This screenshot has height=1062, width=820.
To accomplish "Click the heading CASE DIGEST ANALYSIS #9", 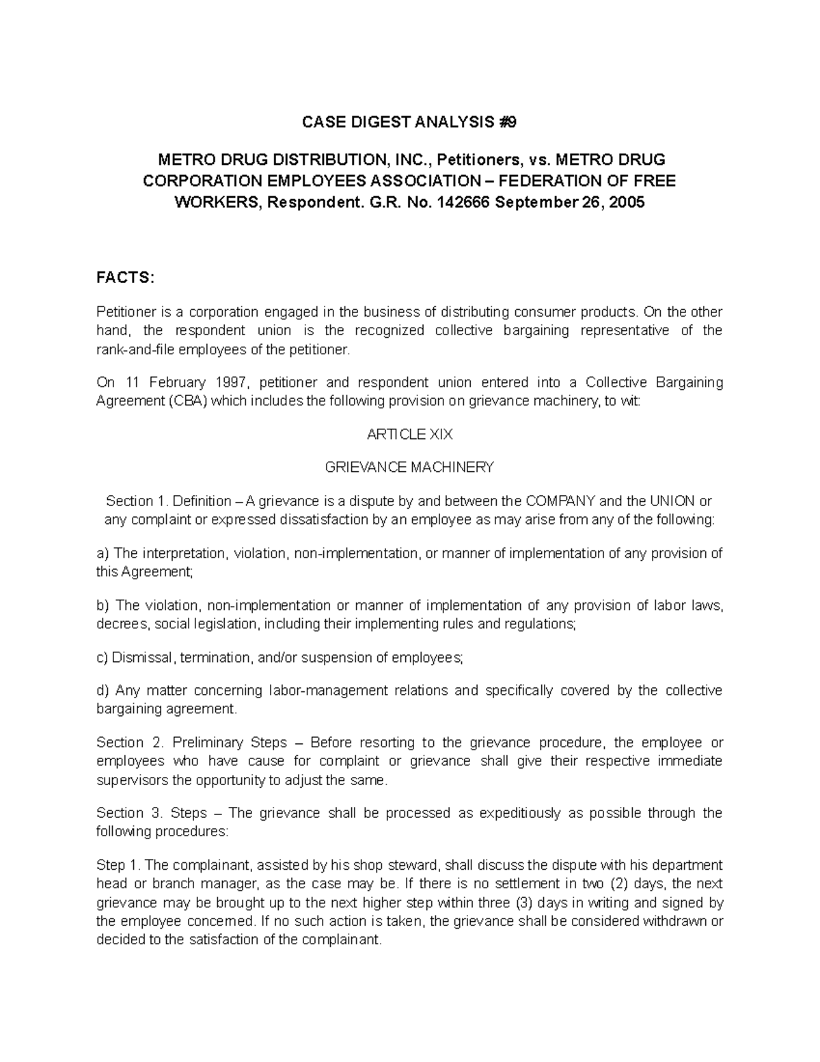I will (410, 122).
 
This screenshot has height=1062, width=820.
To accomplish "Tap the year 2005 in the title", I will (627, 203).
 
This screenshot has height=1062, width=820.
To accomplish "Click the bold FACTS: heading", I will (126, 278).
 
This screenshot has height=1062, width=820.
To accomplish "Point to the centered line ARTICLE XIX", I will (410, 434).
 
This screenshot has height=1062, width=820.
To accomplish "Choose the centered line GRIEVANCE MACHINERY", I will (410, 468).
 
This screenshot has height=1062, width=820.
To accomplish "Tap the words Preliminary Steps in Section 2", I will (230, 743).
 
